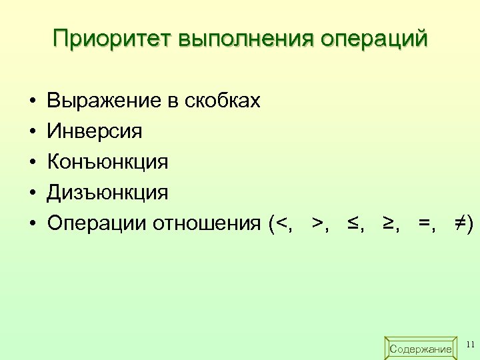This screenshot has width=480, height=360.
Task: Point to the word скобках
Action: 221,101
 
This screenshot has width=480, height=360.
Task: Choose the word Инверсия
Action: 95,131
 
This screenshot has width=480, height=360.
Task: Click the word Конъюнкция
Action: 107,162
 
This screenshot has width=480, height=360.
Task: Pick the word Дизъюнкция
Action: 107,193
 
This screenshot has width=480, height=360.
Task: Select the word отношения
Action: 207,223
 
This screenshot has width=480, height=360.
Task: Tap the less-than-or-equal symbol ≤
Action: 352,223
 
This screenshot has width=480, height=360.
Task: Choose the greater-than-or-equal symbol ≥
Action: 388,223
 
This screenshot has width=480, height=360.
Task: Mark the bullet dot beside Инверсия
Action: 32,132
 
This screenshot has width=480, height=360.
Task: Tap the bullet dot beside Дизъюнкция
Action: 32,193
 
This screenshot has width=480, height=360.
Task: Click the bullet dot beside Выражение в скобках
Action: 32,101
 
